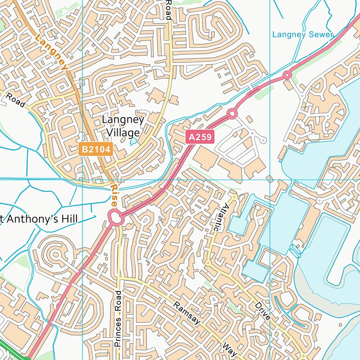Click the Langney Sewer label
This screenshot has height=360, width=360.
[303, 34]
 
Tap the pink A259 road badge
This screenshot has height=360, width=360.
[200, 137]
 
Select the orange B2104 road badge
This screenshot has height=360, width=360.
[96, 150]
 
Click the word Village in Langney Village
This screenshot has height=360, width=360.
[123, 133]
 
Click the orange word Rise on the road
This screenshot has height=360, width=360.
[114, 196]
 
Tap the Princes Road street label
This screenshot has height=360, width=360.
[118, 319]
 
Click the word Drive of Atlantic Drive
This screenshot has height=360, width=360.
[263, 311]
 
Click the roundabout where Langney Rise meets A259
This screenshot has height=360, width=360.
[115, 217]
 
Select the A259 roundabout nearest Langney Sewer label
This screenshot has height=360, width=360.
[287, 75]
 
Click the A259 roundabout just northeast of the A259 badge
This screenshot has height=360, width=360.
[231, 113]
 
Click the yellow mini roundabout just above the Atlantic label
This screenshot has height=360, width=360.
[234, 197]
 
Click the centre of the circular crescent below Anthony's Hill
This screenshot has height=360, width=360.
[56, 255]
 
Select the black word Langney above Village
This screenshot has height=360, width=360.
[123, 120]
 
